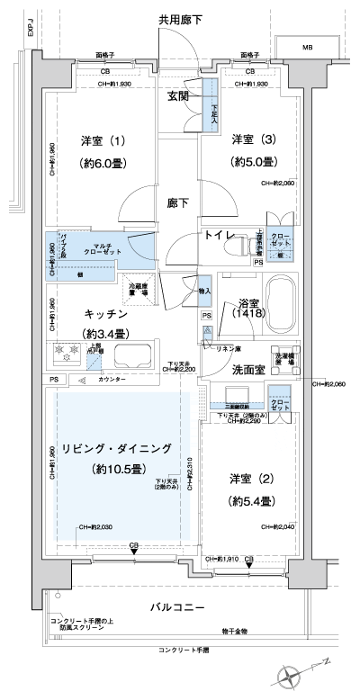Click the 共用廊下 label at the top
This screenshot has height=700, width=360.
[181, 17]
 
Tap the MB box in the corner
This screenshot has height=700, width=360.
[306, 47]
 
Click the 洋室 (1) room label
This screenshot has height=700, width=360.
[103, 140]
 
